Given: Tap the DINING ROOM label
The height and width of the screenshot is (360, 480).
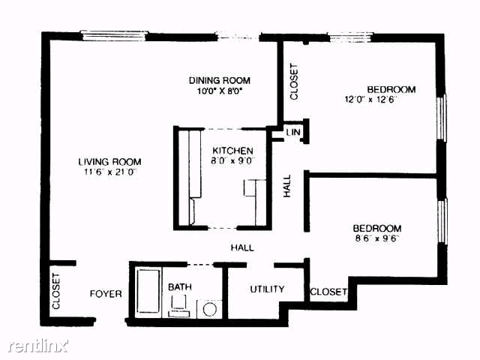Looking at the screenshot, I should click(219, 80).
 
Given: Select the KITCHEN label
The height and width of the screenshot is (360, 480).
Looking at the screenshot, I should click(227, 150).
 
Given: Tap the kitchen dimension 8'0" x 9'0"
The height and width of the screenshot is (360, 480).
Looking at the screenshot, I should click(227, 160).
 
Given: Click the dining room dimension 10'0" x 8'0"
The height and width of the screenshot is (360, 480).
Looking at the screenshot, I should click(219, 91).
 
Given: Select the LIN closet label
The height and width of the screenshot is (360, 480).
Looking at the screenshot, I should click(293, 133).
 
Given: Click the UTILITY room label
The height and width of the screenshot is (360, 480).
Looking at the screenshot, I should click(267, 289).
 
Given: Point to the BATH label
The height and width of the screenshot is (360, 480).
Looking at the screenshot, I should click(179, 286).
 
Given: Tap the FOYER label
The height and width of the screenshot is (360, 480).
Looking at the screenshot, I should click(106, 294).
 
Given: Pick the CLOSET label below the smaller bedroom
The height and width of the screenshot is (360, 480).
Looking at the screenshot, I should click(328, 292).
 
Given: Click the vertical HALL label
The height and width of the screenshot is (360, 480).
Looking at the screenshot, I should click(287, 186).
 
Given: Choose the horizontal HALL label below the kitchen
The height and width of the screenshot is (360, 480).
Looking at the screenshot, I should click(241, 247).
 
